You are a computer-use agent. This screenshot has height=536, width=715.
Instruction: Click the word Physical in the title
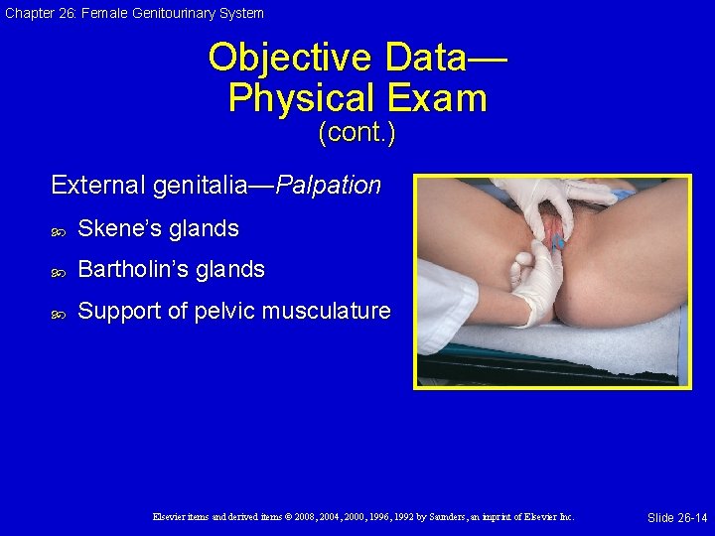pyautogui.click(x=301, y=98)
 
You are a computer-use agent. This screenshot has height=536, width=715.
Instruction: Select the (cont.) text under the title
pyautogui.click(x=357, y=133)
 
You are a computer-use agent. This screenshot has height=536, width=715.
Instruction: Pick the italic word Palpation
pyautogui.click(x=328, y=186)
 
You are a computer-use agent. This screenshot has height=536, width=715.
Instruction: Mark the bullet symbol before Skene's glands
pyautogui.click(x=58, y=229)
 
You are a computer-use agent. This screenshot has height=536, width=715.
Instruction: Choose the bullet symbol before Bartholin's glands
pyautogui.click(x=58, y=270)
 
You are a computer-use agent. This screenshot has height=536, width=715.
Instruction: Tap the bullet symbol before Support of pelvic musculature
pyautogui.click(x=58, y=312)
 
